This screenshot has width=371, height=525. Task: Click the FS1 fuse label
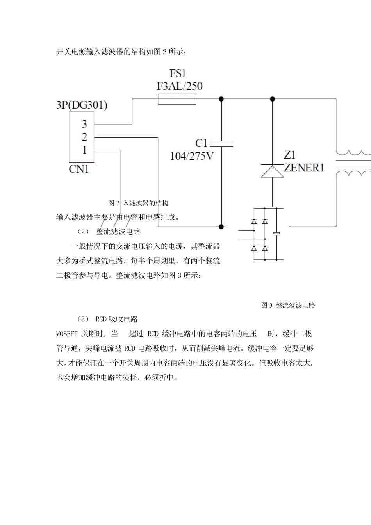[x=178, y=73]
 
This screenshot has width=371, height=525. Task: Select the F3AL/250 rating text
[x=180, y=86]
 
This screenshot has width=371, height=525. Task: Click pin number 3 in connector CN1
[x=84, y=124]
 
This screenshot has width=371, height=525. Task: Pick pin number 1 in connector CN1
[x=84, y=150]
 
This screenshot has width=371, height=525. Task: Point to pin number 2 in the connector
[x=84, y=137]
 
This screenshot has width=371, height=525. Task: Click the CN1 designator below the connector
[x=79, y=169]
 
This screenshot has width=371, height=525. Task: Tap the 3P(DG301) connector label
[x=82, y=105]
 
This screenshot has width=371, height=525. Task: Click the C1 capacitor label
[x=202, y=143]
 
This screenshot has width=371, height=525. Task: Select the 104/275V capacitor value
[x=192, y=156]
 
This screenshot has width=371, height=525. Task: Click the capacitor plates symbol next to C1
[x=221, y=143]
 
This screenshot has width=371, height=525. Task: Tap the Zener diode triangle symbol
[x=273, y=171]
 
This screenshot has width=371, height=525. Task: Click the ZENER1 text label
[x=304, y=168]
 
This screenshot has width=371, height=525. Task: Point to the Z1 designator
[x=289, y=155]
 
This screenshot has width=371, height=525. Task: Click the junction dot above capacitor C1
[x=221, y=99]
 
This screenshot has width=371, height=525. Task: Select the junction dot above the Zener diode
[x=273, y=99]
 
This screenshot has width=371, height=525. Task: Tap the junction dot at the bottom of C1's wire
[x=221, y=226]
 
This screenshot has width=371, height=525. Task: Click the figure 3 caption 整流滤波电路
[x=288, y=305]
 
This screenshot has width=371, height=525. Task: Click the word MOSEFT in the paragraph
[x=67, y=334]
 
